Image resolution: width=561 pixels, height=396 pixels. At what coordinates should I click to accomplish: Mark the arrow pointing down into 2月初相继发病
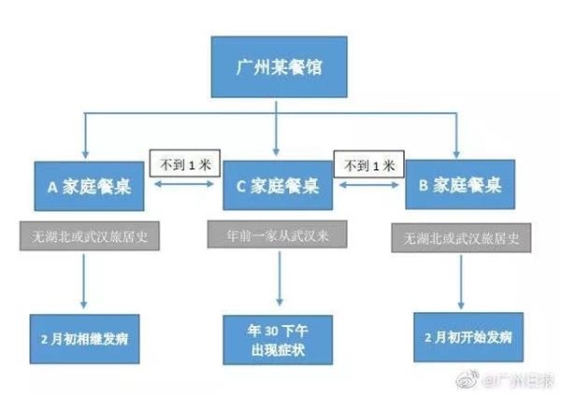(x=87, y=280)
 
